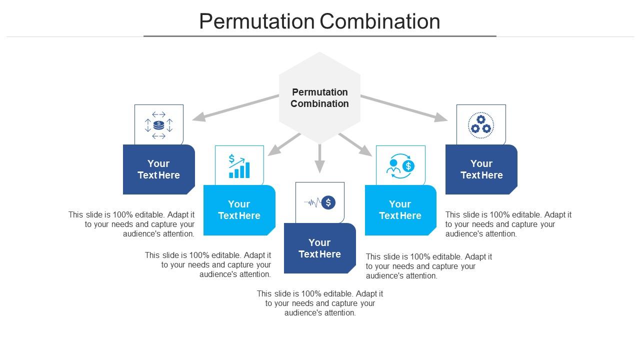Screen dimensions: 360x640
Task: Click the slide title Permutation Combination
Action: [x=319, y=21]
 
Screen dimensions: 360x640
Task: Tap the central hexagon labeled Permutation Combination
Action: [x=319, y=97]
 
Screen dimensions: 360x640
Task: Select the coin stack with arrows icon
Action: [x=158, y=125]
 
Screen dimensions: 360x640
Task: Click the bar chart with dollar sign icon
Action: [x=239, y=166]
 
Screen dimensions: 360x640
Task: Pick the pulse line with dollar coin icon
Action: [x=320, y=202]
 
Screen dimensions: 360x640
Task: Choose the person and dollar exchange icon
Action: [x=400, y=166]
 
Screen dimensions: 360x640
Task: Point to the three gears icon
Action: [x=481, y=125]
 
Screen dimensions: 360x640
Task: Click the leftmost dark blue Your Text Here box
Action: [x=158, y=169]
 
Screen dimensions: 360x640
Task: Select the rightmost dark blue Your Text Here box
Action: [x=481, y=169]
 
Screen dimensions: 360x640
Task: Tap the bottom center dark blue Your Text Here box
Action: [x=319, y=248]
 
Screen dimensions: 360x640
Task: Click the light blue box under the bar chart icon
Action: [x=239, y=210]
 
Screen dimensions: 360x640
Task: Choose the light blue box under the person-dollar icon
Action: [x=400, y=210]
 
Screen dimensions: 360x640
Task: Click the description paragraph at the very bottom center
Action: [x=320, y=303]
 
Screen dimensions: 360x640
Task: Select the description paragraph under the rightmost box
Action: [x=508, y=224]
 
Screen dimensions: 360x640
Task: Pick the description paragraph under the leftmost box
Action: [x=132, y=224]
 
